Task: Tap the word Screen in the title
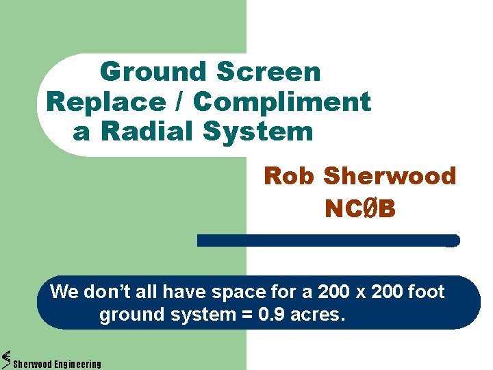(268, 71)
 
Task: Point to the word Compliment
(281, 102)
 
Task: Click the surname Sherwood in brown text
(390, 176)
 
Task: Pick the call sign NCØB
(360, 209)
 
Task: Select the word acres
(322, 316)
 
